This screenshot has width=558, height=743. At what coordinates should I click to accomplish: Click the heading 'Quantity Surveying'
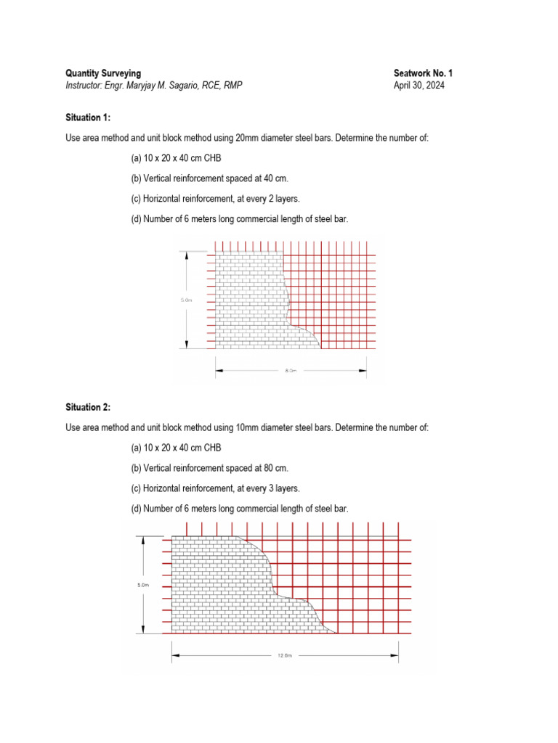pyautogui.click(x=103, y=73)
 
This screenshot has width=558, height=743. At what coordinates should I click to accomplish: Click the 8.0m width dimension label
pyautogui.click(x=291, y=371)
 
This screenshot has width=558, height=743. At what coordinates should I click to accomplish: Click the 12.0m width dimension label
pyautogui.click(x=284, y=656)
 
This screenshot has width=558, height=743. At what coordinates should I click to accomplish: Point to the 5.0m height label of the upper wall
pyautogui.click(x=187, y=299)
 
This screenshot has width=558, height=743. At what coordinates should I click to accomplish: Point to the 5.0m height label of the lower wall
pyautogui.click(x=143, y=585)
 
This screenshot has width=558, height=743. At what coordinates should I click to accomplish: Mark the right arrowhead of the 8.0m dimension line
pyautogui.click(x=363, y=370)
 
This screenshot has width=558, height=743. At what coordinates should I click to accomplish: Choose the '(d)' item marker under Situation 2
pyautogui.click(x=136, y=509)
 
